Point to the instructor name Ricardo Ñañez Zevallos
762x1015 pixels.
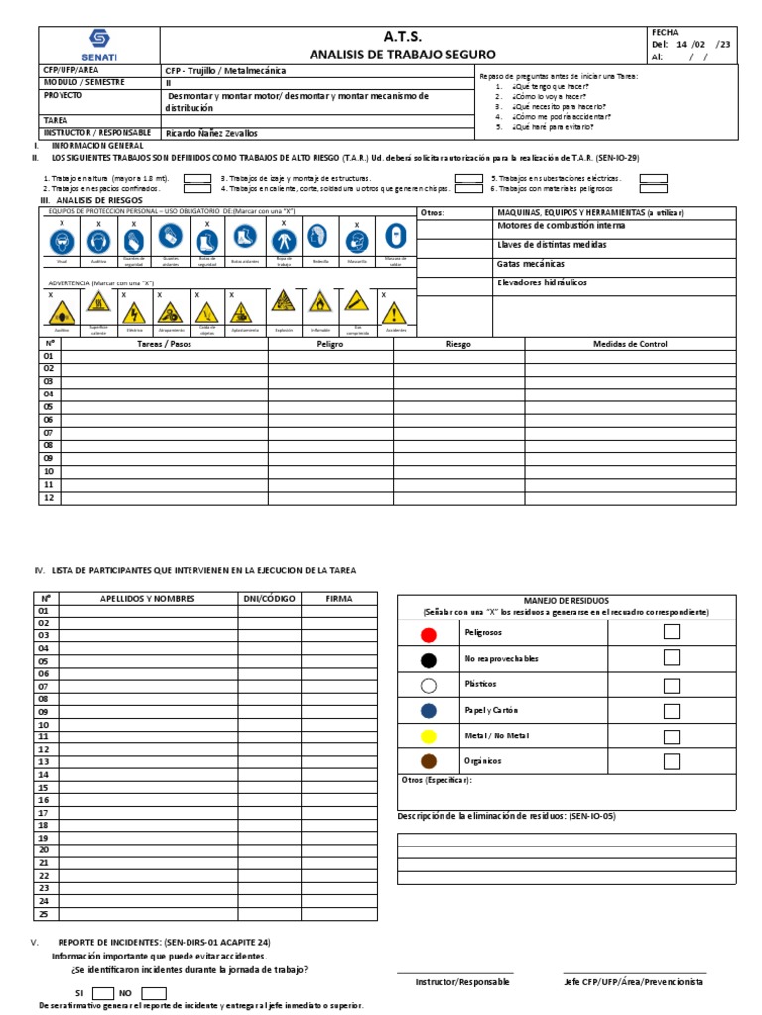coord(211,132)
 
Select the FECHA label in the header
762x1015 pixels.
coord(664,33)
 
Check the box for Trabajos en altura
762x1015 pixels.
coord(197,178)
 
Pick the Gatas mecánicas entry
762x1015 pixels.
coord(531,264)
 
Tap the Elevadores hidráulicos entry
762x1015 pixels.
coord(542,282)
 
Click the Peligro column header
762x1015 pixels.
coord(330,344)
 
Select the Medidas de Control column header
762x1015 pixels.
coord(630,344)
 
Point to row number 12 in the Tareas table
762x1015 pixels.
coord(48,497)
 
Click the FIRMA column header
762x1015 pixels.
coord(338,598)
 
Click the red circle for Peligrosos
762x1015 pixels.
coord(428,633)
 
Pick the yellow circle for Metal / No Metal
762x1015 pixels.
coord(428,736)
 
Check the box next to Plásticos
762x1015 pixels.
coord(672,684)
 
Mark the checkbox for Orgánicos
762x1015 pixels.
coord(672,761)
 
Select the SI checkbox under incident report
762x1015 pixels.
coord(103,992)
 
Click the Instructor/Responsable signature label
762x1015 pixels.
coord(462,981)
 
